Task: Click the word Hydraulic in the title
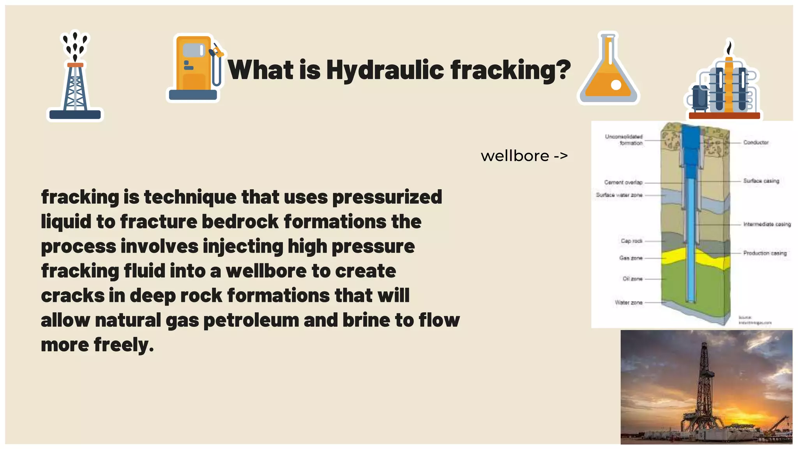coord(385,70)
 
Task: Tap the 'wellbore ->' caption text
coord(524,156)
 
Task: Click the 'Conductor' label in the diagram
coord(756,143)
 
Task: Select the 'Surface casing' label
coord(761,181)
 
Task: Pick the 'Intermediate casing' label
coord(766,224)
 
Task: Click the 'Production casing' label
coord(764,253)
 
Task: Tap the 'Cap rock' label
coord(631,241)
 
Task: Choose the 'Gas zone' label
coord(630,258)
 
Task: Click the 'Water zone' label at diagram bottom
coord(628,302)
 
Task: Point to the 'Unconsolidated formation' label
coord(624,140)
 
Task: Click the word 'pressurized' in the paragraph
coord(387,197)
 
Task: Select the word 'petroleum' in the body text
coord(251,320)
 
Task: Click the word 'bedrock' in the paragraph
coord(240,222)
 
